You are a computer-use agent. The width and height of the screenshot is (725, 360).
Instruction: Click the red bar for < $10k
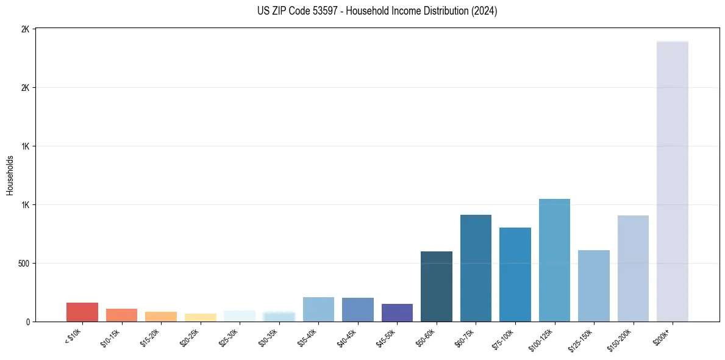[82, 312]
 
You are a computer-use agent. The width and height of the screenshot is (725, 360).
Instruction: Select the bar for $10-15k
[121, 315]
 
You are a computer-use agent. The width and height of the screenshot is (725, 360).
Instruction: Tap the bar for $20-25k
[200, 317]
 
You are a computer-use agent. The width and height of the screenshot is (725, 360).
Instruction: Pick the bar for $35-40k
[318, 309]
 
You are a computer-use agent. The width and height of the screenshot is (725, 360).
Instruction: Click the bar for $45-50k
[397, 312]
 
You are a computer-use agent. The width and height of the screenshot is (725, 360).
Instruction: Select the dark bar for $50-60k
[437, 286]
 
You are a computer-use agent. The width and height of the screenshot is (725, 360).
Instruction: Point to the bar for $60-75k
[476, 268]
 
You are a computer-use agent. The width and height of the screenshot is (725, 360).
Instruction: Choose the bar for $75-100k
[515, 275]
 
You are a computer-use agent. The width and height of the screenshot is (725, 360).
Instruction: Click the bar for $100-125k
[554, 260]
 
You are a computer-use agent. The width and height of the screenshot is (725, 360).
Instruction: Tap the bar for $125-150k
[594, 286]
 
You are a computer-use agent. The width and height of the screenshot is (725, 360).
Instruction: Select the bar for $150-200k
[633, 268]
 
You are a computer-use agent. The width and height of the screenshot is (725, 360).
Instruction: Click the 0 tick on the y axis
[29, 322]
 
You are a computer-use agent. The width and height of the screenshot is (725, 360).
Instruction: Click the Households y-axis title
[10, 175]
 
